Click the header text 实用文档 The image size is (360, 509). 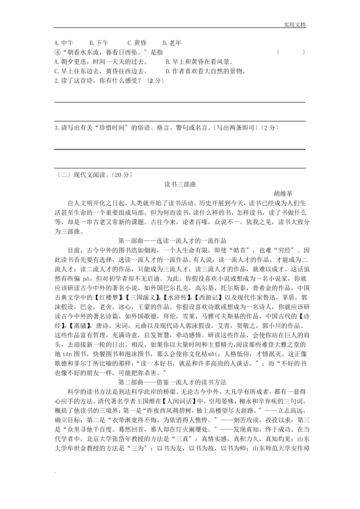click(295, 25)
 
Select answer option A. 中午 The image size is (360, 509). click(64, 43)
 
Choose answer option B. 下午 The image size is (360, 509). click(99, 43)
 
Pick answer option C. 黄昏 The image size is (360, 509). click(137, 43)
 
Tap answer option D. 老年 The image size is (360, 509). click(172, 43)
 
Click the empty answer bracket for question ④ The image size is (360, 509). click(291, 52)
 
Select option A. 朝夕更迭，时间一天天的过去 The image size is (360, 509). click(101, 62)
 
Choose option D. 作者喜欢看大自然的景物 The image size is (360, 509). click(206, 71)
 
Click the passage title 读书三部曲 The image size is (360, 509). click(180, 184)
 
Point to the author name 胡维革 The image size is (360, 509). click(283, 194)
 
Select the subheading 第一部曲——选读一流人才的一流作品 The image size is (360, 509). click(172, 241)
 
